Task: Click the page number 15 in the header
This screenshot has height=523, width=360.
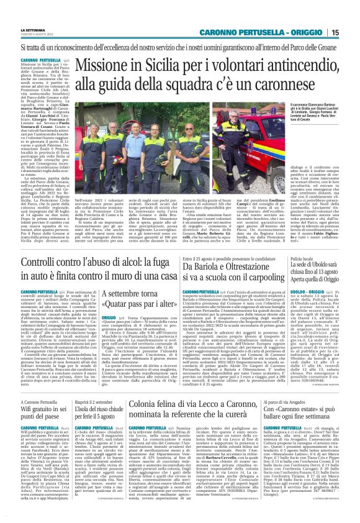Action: pyautogui.click(x=351, y=32)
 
